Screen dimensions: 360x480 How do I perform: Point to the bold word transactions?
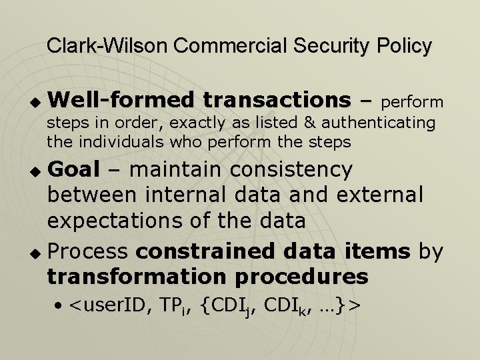(x=277, y=100)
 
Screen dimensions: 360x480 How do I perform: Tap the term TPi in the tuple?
(x=177, y=306)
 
